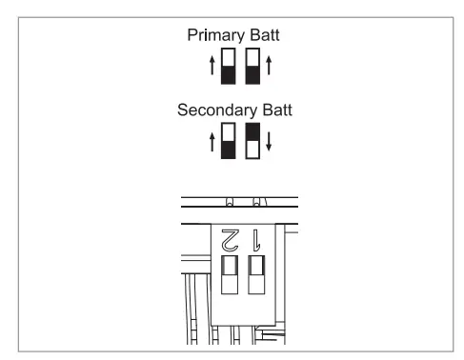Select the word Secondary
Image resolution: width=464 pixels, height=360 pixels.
[212, 110]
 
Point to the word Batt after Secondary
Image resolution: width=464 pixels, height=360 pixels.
[274, 110]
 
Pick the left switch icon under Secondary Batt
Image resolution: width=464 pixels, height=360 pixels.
[228, 141]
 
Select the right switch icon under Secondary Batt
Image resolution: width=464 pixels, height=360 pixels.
[252, 141]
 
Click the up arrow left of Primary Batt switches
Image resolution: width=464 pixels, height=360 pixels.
[212, 69]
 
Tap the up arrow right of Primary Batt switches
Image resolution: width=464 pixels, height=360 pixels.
[269, 69]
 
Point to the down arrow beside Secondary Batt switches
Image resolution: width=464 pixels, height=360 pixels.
[269, 143]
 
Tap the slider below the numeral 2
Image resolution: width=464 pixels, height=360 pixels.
[229, 275]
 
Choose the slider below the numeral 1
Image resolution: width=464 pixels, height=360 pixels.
[255, 275]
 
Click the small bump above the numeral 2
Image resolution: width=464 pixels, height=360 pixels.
[229, 202]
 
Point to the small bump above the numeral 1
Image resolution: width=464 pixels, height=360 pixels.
[255, 202]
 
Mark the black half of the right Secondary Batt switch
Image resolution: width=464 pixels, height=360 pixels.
[252, 132]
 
